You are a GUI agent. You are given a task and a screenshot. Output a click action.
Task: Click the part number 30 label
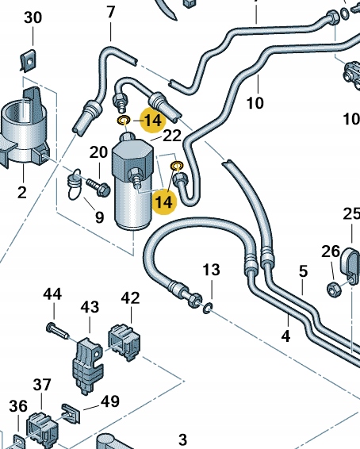pos(33,17)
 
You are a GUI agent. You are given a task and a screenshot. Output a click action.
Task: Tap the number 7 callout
pos(110,12)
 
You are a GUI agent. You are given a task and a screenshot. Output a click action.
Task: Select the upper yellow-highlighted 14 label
pos(153,121)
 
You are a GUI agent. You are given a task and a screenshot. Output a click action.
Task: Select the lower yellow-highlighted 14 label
pos(163,201)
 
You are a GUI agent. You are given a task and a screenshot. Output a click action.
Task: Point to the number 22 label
pos(173,136)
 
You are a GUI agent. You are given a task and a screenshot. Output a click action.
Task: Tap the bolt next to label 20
pos(100,186)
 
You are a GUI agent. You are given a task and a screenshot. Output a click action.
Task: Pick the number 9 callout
pos(99,216)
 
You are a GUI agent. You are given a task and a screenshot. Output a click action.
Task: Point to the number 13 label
pos(210,271)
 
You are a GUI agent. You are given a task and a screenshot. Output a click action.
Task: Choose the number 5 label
pos(303,271)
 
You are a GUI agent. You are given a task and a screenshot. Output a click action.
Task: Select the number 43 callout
pos(90,306)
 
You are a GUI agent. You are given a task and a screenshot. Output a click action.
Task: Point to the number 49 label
pos(110,401)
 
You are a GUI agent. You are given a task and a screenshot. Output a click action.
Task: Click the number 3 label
pos(182,439)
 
